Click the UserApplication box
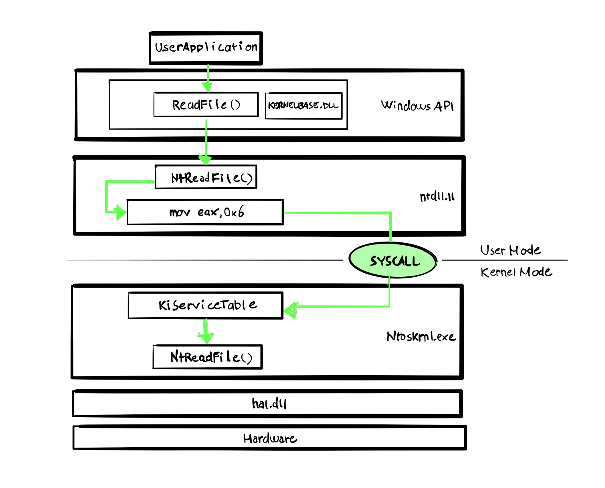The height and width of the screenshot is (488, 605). click(206, 48)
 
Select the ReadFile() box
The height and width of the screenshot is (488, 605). click(206, 104)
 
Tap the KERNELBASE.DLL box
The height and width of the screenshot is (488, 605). click(304, 106)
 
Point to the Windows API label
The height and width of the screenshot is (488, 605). click(417, 106)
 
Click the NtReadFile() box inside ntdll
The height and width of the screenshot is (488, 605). click(206, 177)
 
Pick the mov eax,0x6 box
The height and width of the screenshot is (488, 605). click(205, 212)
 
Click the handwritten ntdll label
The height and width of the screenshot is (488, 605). click(437, 196)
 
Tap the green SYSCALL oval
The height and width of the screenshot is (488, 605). click(393, 260)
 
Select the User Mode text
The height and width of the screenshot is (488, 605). click(510, 250)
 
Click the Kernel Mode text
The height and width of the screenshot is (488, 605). click(516, 272)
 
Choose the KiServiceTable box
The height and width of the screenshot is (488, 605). click(206, 305)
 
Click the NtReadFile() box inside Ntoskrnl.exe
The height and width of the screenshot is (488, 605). click(208, 357)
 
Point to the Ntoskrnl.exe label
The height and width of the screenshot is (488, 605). click(421, 336)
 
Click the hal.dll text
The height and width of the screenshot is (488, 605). click(269, 403)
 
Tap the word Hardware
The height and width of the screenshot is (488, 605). click(270, 438)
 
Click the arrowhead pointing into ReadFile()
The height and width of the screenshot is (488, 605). click(208, 87)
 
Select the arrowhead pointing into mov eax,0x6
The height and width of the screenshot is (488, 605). click(121, 212)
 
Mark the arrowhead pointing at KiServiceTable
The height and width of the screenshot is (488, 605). click(290, 310)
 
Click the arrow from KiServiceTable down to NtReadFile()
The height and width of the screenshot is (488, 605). click(206, 331)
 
